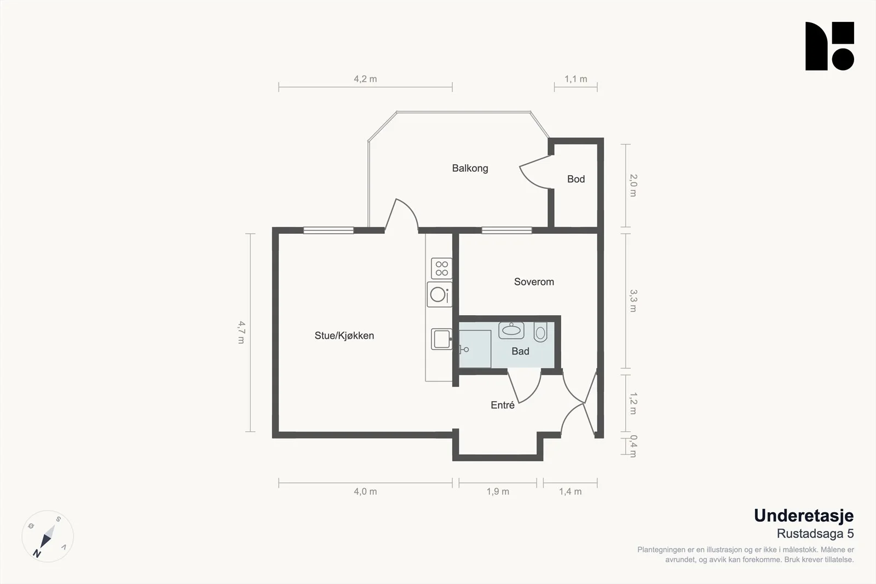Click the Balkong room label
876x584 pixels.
[470, 169]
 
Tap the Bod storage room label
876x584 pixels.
[576, 179]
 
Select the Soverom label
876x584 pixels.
[534, 282]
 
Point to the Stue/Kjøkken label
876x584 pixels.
[344, 336]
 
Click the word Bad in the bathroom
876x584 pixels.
[520, 351]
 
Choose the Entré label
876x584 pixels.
[503, 405]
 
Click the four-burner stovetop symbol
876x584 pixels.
[441, 269]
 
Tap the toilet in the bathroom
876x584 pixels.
[540, 332]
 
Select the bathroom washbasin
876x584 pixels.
[511, 330]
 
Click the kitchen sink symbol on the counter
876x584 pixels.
[441, 339]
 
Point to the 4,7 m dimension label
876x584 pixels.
[241, 332]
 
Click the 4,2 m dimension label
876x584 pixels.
[365, 79]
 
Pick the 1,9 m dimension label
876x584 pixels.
[498, 492]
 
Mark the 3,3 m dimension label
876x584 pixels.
[633, 300]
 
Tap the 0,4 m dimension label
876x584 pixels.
[633, 446]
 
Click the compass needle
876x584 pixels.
[48, 536]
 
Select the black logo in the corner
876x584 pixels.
[829, 46]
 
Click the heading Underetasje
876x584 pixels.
[804, 516]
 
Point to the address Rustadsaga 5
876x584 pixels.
[815, 534]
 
